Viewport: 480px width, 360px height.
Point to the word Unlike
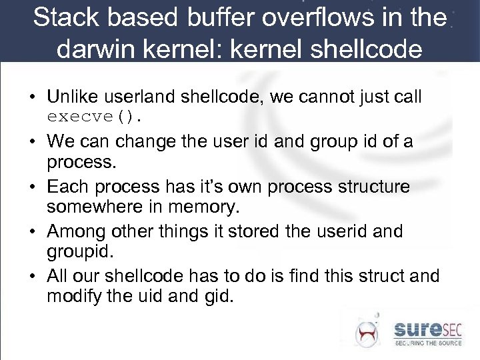75,97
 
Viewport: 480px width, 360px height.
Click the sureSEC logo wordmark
431,329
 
